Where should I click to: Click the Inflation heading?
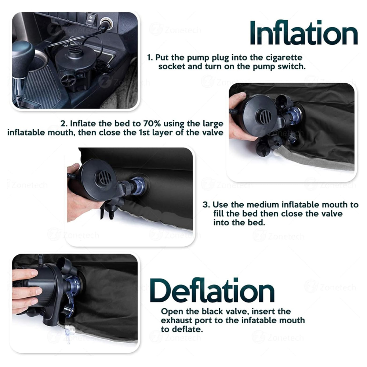coord(304,33)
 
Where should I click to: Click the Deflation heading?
coord(212,290)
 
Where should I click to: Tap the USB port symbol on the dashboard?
coord(91,19)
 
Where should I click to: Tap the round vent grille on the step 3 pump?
coord(105,178)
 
